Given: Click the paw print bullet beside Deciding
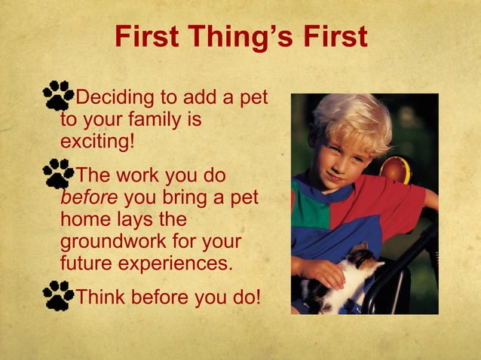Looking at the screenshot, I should tap(58, 96).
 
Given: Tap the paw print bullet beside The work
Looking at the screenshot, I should tap(58, 173).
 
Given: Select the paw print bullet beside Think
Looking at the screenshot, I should tap(58, 295).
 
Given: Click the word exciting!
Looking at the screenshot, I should tap(97, 141).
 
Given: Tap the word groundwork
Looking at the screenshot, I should tap(113, 243).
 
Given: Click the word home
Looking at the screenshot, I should tap(82, 221).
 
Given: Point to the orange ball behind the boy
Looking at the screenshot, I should tap(395, 170).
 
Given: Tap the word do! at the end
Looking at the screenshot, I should tap(244, 296).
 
